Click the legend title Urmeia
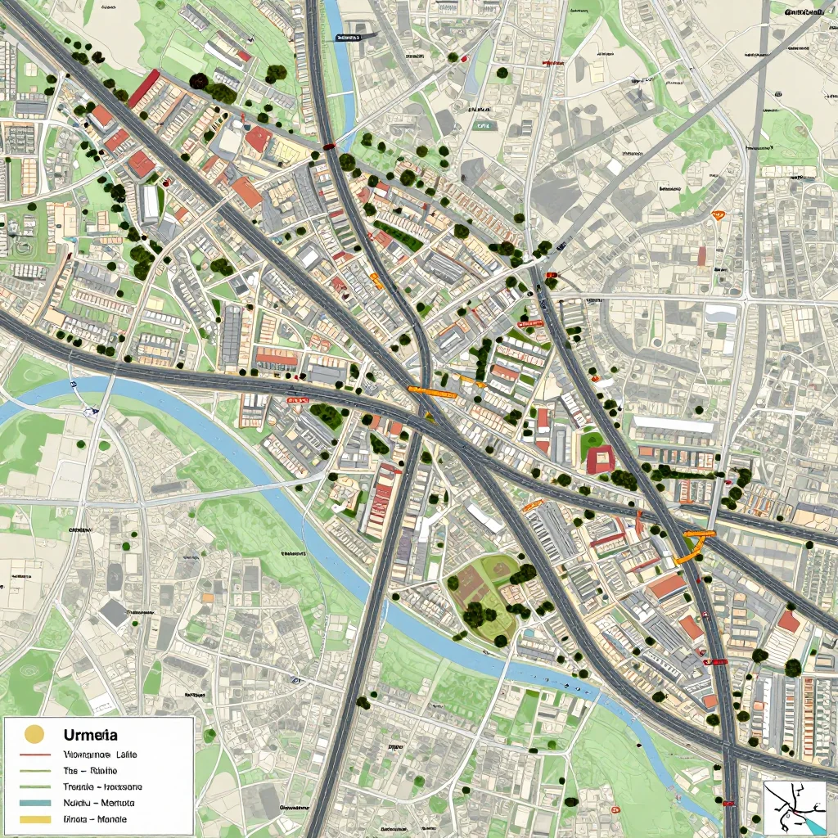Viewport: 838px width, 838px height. pyautogui.click(x=90, y=735)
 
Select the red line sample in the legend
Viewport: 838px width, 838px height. pyautogui.click(x=34, y=754)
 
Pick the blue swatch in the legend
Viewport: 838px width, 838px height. pyautogui.click(x=34, y=803)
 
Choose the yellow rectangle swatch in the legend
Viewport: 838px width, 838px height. pyautogui.click(x=34, y=818)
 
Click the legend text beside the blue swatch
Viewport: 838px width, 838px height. pyautogui.click(x=98, y=803)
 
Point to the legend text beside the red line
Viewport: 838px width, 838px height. pyautogui.click(x=100, y=754)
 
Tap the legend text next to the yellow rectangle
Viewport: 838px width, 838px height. pyautogui.click(x=95, y=818)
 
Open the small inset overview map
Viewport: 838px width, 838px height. pyautogui.click(x=794, y=808)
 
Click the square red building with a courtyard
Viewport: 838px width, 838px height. pyautogui.click(x=600, y=460)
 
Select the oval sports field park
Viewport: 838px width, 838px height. pyautogui.click(x=484, y=593)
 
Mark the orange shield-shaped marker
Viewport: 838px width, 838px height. pyautogui.click(x=719, y=215)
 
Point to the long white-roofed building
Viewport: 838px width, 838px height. pyautogui.click(x=674, y=426)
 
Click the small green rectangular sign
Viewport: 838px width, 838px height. pyautogui.click(x=484, y=127)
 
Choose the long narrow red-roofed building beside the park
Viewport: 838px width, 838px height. pyautogui.click(x=382, y=500)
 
